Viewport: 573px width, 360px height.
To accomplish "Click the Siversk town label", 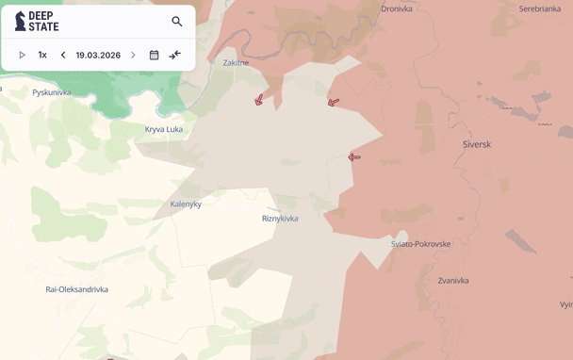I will (x=477, y=144).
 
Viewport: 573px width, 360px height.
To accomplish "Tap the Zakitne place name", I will (x=236, y=63).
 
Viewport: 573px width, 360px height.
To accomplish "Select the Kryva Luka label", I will (x=164, y=129).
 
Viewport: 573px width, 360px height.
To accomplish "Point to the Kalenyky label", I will (x=186, y=204).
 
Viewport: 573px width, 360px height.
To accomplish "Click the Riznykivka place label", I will (x=280, y=219).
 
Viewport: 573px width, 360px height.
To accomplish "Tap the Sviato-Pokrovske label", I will (x=420, y=244).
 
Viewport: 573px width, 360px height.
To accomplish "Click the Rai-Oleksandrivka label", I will (x=76, y=289).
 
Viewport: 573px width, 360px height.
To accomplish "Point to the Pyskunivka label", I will (x=52, y=92).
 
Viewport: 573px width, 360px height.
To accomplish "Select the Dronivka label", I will (x=397, y=9).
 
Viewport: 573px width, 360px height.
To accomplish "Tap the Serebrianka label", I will (x=540, y=9).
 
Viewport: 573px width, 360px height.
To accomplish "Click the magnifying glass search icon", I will (x=177, y=22).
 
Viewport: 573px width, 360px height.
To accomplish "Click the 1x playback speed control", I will (x=42, y=55).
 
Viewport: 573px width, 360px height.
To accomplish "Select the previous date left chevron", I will (x=63, y=55).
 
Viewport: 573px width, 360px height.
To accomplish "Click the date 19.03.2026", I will (x=98, y=55).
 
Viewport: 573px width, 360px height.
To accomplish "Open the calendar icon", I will (x=154, y=55).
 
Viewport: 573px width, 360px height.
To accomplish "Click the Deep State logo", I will (x=37, y=22).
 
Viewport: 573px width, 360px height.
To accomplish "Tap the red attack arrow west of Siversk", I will (x=354, y=157).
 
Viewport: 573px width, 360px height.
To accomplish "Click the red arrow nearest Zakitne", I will (x=258, y=99).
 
